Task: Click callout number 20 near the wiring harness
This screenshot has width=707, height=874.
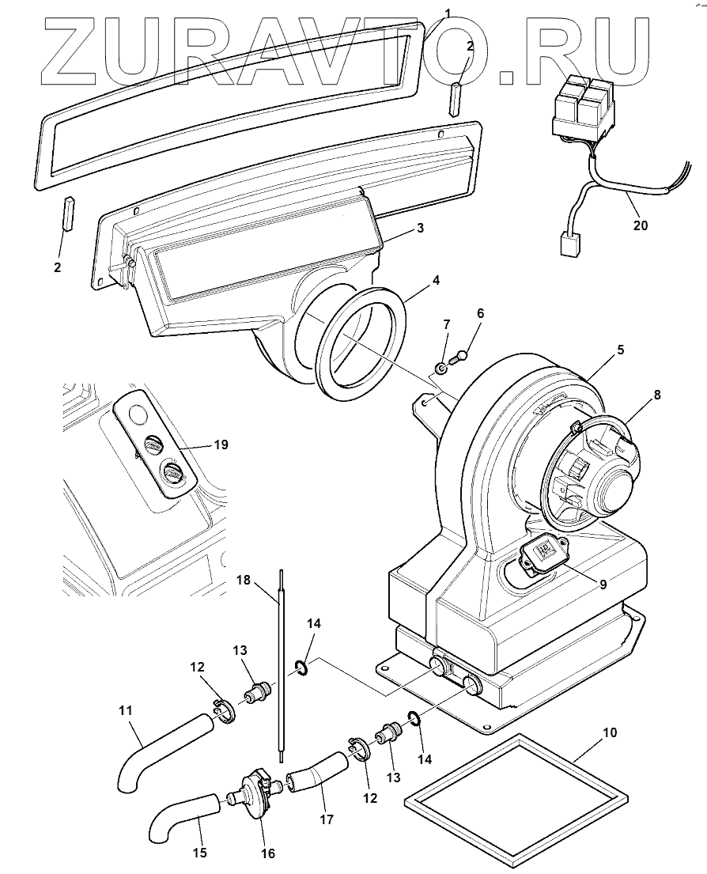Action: point(641,225)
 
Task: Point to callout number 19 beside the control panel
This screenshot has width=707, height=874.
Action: point(221,445)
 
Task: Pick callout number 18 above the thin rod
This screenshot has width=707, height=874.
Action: point(243,581)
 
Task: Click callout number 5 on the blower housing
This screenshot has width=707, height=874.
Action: point(621,349)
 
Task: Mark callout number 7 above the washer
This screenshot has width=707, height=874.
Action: point(446,325)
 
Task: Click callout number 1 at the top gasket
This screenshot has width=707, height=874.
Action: point(447,13)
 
